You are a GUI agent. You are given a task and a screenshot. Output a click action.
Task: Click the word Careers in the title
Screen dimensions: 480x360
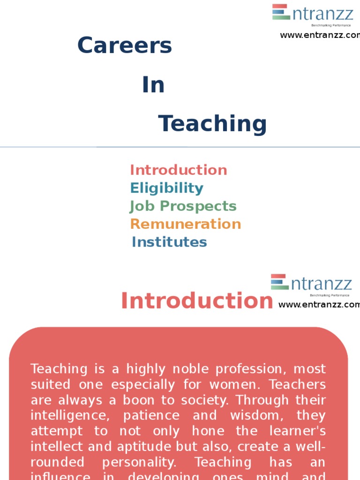pos(125,45)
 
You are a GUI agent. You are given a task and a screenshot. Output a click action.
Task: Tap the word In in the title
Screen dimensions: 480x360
pos(153,85)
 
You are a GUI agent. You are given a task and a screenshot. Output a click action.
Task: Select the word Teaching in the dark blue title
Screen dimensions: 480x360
pos(212,124)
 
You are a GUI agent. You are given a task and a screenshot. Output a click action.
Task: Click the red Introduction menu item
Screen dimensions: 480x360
pos(179,170)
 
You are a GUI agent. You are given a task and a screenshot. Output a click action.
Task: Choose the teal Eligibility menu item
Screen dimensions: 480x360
pos(167,188)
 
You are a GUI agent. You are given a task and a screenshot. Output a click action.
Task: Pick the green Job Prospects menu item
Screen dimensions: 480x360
pos(183,206)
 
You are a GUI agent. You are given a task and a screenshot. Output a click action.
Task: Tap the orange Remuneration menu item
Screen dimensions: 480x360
pos(186,224)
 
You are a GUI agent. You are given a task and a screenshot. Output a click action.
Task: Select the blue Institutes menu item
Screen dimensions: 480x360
pos(169,242)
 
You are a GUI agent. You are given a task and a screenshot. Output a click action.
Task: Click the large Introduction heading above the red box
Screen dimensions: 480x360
pos(197,301)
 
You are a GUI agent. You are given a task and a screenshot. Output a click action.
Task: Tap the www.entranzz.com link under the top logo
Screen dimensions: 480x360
pos(320,35)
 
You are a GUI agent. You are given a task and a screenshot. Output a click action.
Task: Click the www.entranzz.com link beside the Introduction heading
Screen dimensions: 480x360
pos(319,305)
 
